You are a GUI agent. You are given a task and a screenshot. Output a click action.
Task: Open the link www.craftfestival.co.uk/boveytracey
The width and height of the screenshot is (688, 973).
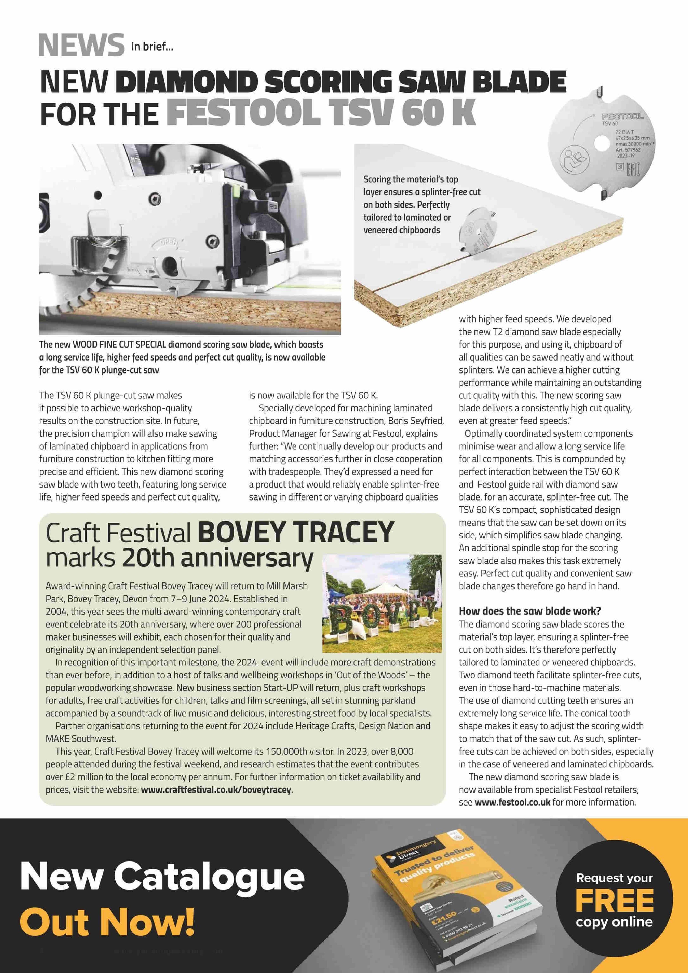click(x=217, y=790)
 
